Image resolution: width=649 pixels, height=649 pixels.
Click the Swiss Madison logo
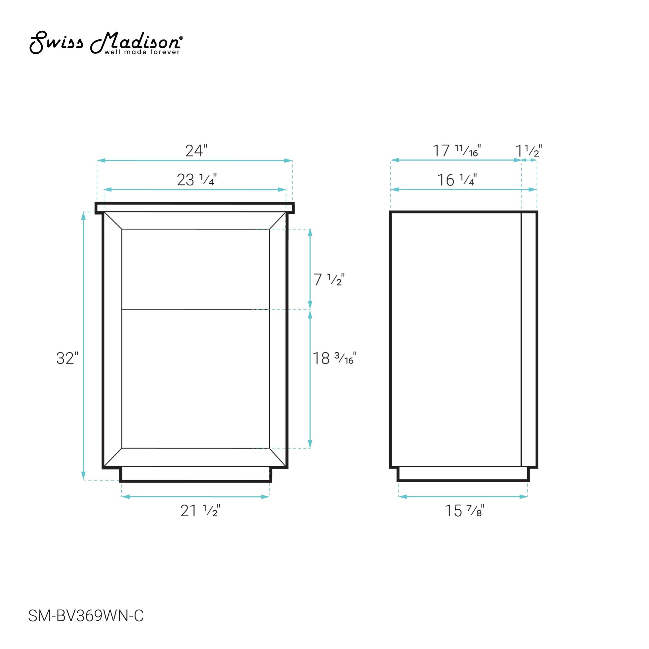[x=106, y=43]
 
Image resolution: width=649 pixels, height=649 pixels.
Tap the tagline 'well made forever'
[x=142, y=52]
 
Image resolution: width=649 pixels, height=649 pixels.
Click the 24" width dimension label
[x=196, y=151]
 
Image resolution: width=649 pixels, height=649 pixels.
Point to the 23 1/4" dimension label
[x=196, y=180]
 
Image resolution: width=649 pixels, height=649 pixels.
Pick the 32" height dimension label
[x=67, y=358]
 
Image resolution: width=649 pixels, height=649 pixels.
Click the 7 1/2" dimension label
[x=329, y=279]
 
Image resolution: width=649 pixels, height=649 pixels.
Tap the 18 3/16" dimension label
[x=334, y=358]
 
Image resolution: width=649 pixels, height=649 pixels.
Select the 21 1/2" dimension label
[x=200, y=511]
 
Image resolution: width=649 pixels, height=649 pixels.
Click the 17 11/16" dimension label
[x=457, y=151]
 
